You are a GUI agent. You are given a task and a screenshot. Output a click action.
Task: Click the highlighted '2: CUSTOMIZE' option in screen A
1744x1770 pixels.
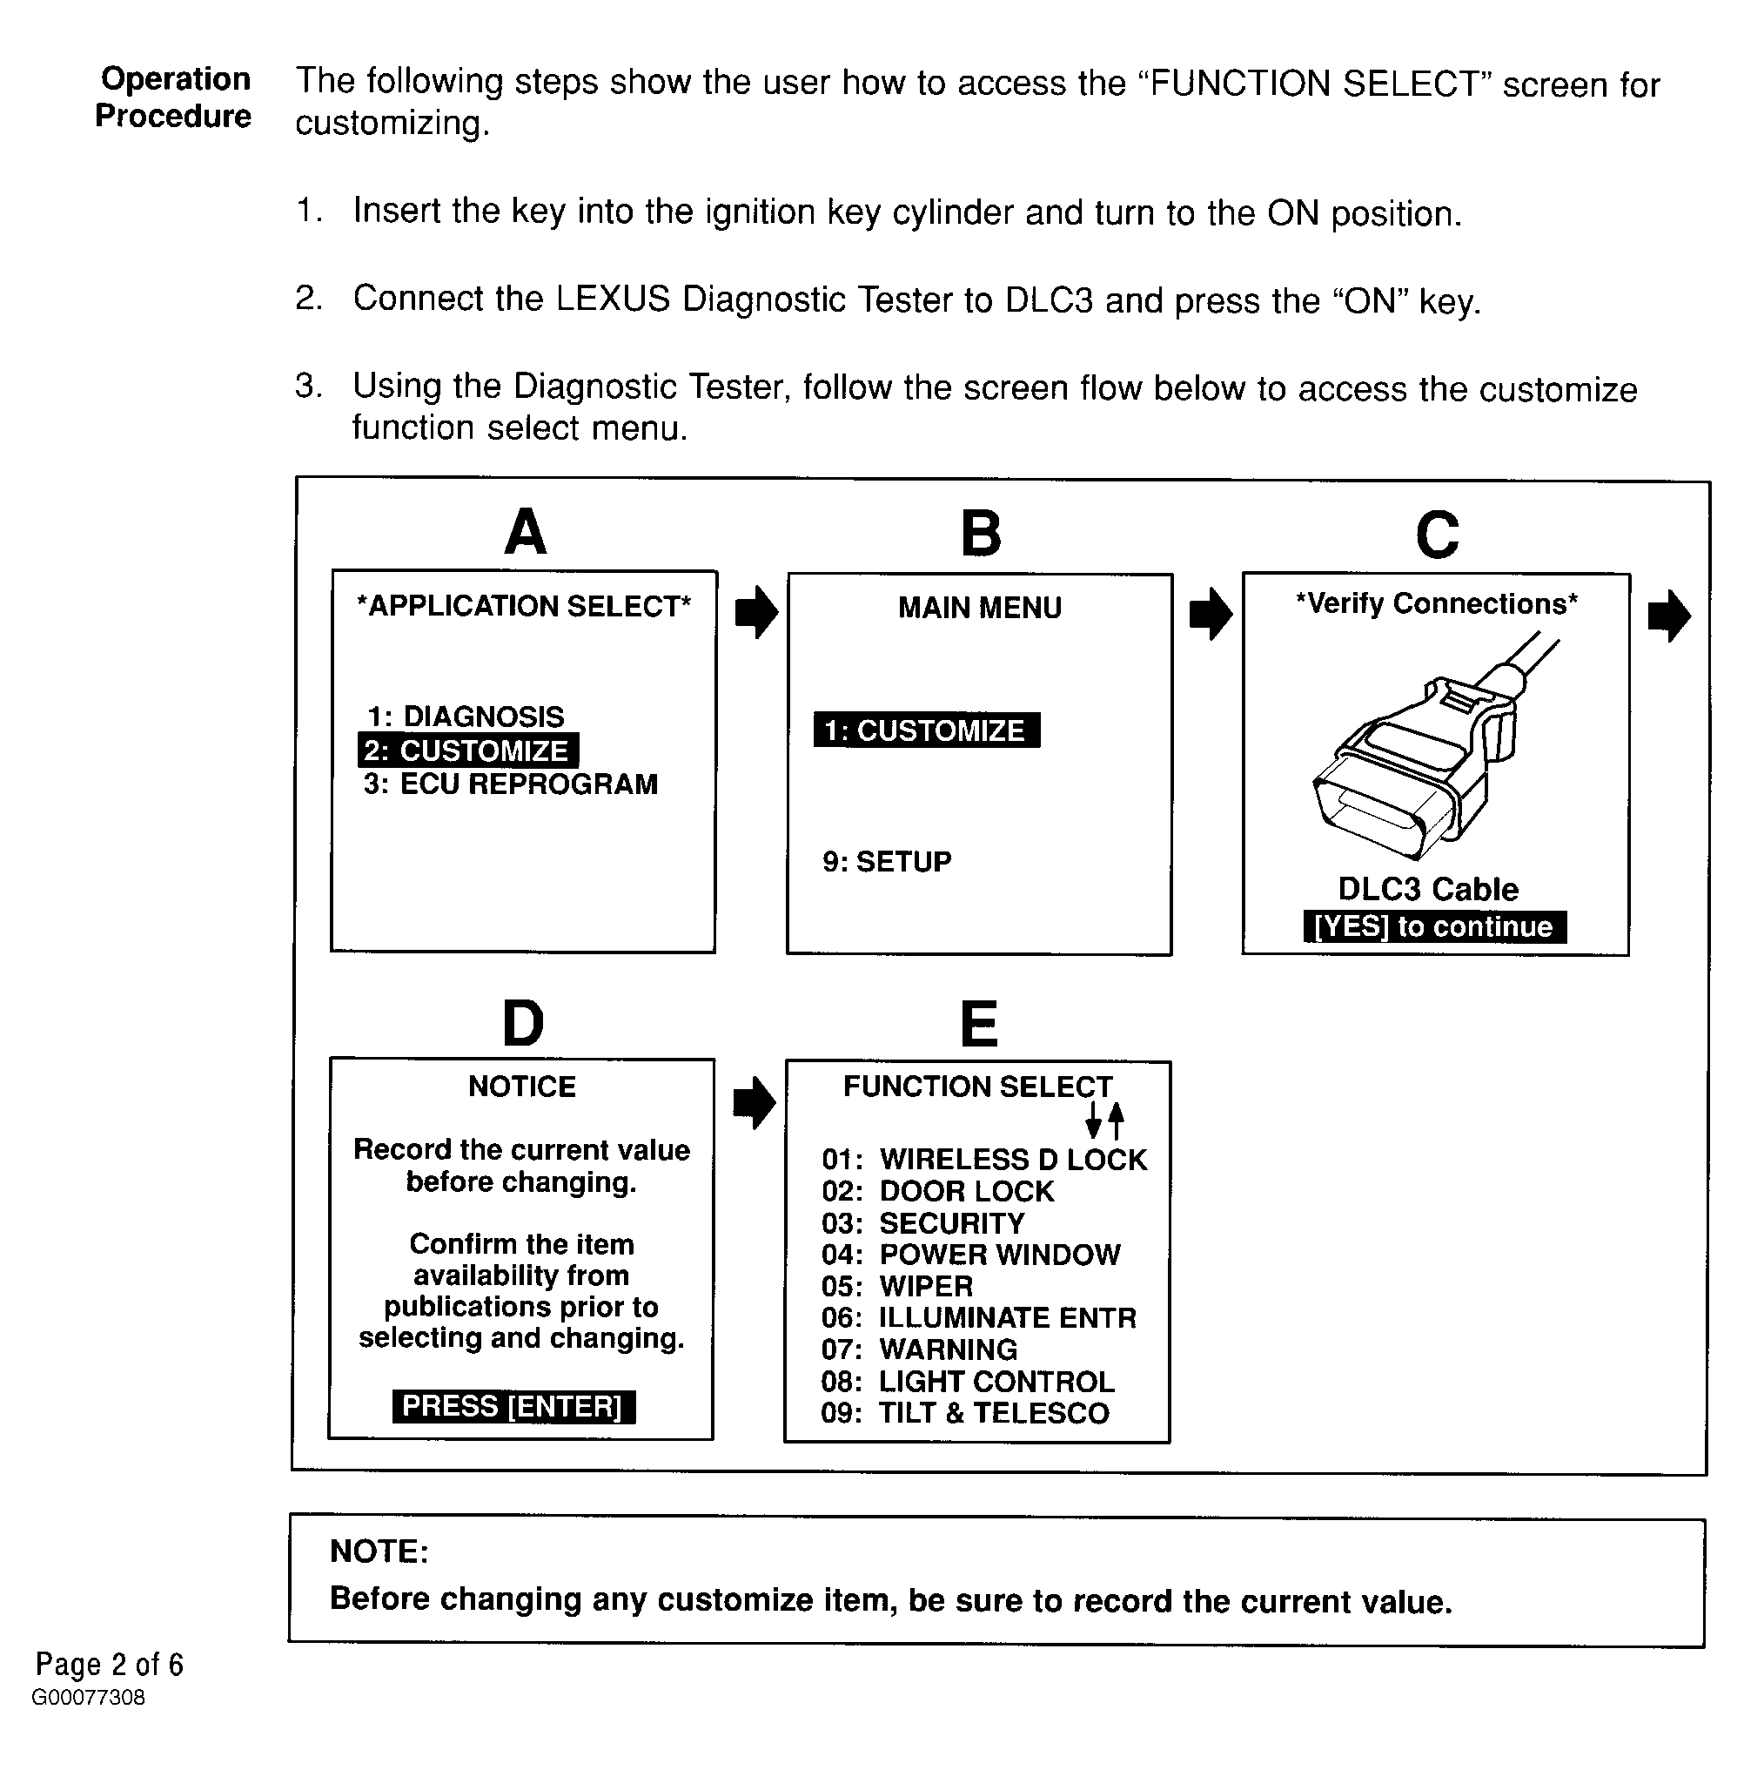tap(467, 750)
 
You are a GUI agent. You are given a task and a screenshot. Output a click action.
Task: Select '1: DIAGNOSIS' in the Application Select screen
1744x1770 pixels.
tap(466, 717)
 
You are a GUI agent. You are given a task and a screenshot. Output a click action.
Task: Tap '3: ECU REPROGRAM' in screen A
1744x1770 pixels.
tap(510, 785)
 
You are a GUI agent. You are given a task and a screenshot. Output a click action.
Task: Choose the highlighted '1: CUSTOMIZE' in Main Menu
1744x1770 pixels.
tap(926, 730)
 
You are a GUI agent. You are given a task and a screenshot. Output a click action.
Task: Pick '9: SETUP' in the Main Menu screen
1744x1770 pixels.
tap(887, 861)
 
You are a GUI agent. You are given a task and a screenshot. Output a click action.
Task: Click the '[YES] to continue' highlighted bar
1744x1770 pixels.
tap(1433, 926)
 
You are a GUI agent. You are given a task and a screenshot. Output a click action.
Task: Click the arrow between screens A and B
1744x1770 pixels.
tap(755, 612)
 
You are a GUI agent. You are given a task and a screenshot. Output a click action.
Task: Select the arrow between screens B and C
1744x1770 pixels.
tap(1210, 613)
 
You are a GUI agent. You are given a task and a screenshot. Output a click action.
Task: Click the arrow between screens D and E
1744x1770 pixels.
tap(754, 1102)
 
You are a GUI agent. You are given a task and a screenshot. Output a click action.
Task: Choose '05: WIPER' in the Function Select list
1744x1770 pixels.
tap(896, 1286)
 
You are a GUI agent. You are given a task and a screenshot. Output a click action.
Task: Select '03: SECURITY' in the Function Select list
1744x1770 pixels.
tap(922, 1223)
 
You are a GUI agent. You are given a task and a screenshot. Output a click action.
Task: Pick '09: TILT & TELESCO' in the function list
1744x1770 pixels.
tap(963, 1413)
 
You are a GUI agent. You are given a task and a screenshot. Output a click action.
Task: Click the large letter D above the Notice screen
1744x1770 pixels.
tap(523, 1023)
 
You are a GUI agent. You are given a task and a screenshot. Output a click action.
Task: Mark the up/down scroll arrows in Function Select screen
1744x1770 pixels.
tap(1103, 1120)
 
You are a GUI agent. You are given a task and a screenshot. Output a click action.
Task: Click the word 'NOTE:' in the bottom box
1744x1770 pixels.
tap(379, 1551)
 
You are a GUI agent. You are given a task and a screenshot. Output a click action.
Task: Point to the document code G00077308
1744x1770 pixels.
tap(88, 1698)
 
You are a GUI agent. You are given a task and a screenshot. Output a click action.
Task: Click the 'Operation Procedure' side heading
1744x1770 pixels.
tap(174, 98)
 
